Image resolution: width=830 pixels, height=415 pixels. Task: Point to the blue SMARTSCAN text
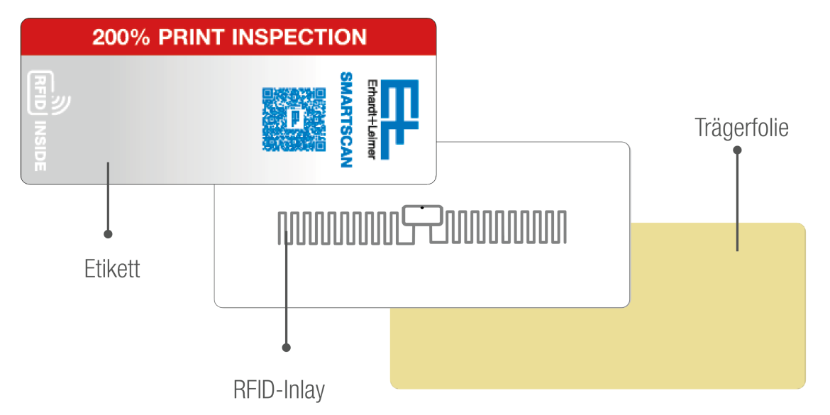346,120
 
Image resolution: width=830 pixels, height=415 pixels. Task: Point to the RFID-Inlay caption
279,389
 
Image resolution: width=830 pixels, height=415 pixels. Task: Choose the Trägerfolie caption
741,128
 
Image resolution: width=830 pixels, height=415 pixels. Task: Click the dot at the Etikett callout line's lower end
108,233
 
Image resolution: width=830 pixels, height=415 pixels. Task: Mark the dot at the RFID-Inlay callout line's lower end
286,348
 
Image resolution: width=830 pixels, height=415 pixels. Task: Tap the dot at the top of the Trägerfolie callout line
737,150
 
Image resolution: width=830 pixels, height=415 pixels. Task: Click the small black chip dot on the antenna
422,208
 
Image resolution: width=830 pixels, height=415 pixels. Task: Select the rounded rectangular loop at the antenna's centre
423,216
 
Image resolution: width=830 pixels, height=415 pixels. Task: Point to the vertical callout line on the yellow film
737,213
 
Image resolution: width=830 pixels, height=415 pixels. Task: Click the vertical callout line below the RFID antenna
286,298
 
